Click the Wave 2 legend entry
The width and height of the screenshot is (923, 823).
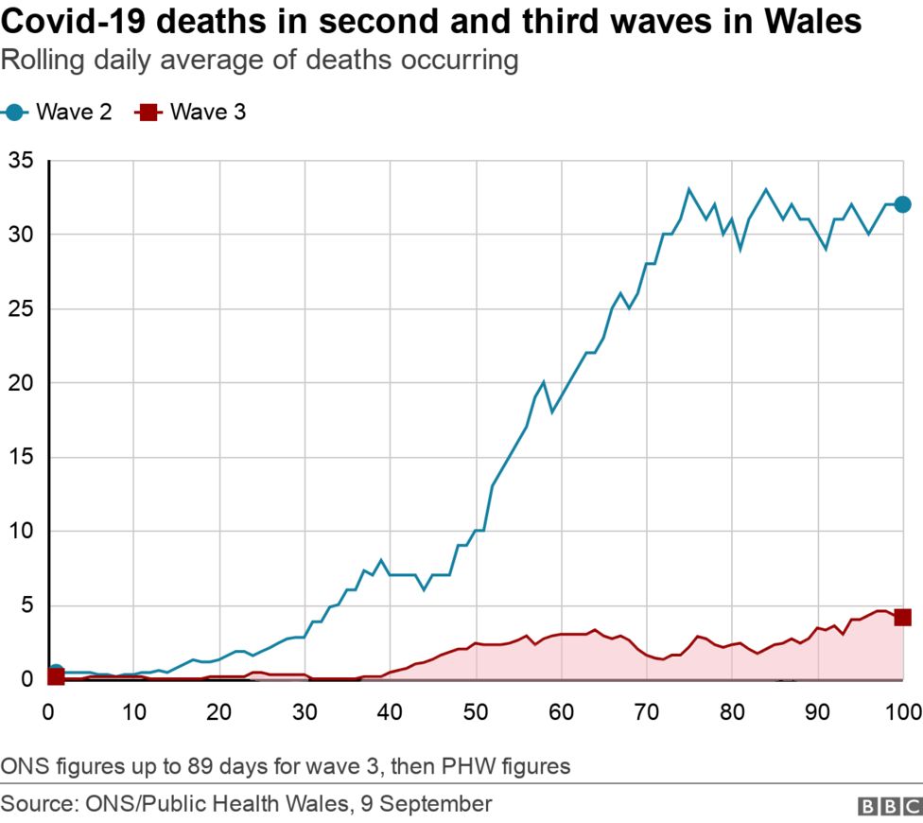(59, 113)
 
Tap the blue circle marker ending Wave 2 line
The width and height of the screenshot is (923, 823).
(902, 204)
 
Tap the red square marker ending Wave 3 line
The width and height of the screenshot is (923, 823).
(902, 617)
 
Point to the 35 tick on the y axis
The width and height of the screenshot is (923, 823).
(21, 161)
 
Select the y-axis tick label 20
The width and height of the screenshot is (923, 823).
(21, 383)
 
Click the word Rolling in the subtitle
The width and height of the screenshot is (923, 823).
(36, 61)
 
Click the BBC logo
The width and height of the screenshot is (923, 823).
(888, 806)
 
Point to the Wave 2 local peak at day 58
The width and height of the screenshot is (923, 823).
(544, 382)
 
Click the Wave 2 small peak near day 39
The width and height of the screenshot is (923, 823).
(381, 560)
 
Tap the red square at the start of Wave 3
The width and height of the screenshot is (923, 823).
(56, 676)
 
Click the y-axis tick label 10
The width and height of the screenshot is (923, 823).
(21, 531)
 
